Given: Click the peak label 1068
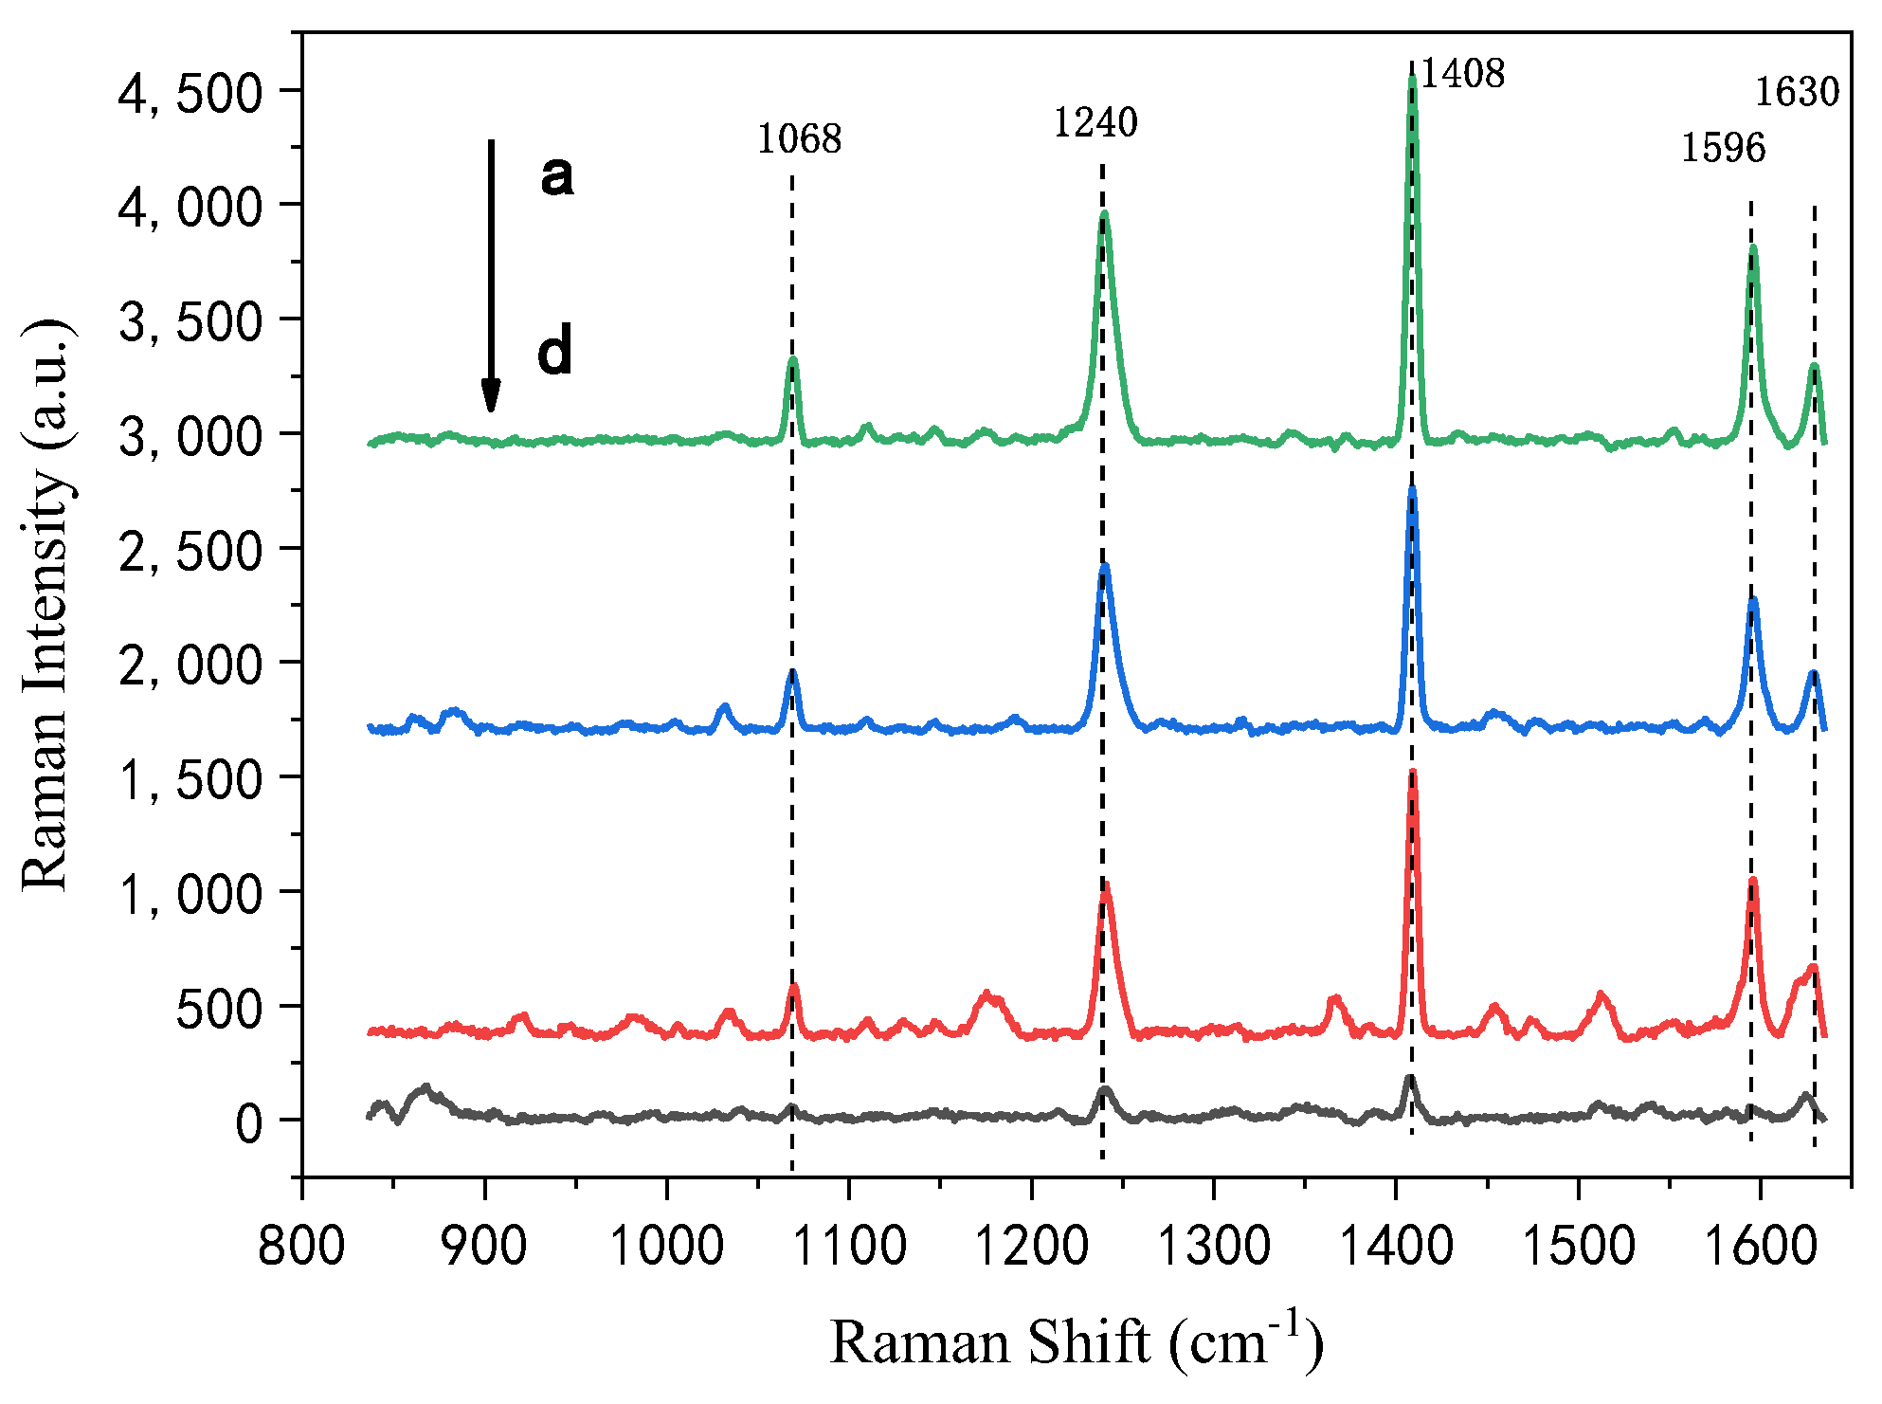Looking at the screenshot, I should [x=798, y=139].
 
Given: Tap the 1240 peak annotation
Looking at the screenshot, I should [x=1095, y=122].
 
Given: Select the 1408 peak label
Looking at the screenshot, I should [x=1462, y=73].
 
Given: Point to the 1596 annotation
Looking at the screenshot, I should [x=1723, y=148].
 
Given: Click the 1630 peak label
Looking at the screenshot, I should [x=1797, y=92].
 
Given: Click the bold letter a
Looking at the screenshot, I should [x=557, y=175].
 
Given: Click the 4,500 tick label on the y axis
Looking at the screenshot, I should [x=190, y=93].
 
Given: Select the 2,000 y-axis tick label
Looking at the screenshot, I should [x=190, y=666].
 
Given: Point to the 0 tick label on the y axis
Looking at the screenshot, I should [x=249, y=1124].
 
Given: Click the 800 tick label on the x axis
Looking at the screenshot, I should [x=301, y=1245].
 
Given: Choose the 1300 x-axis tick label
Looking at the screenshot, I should [x=1213, y=1245].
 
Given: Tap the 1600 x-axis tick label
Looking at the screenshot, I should [x=1760, y=1245].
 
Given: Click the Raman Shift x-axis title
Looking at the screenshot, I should [x=1076, y=1342].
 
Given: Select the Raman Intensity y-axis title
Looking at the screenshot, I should [x=45, y=605].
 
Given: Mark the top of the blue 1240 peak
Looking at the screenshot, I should [x=1104, y=567].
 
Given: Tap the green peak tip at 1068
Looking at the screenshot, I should [x=793, y=360].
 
